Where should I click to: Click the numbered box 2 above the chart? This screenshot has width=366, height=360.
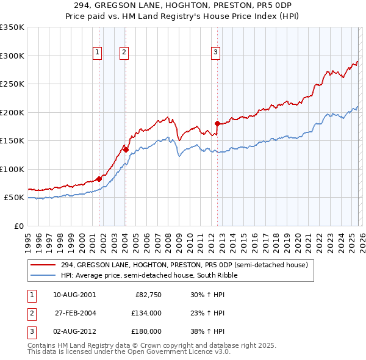pyautogui.click(x=124, y=53)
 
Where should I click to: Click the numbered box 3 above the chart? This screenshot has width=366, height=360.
pyautogui.click(x=215, y=53)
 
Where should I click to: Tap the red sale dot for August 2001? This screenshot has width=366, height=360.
pyautogui.click(x=99, y=179)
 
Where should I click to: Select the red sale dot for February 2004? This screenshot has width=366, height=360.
pyautogui.click(x=126, y=149)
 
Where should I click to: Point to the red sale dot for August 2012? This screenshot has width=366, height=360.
pyautogui.click(x=217, y=123)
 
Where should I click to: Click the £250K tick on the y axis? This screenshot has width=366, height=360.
pyautogui.click(x=12, y=84)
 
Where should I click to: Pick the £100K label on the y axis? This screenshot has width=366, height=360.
pyautogui.click(x=12, y=169)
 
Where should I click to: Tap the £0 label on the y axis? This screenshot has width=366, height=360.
pyautogui.click(x=18, y=226)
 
